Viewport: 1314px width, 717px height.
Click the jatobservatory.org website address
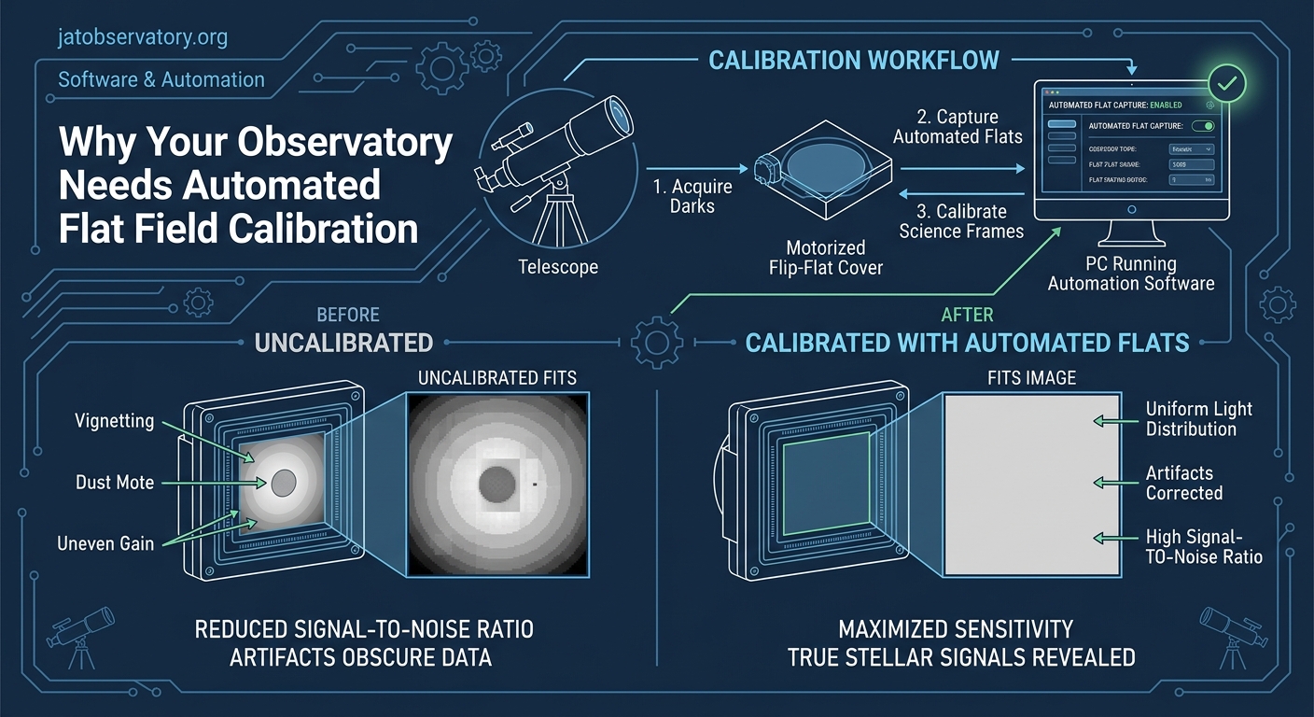[143, 38]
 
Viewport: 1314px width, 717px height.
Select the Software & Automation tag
[161, 79]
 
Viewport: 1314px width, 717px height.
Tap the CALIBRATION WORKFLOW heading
[853, 61]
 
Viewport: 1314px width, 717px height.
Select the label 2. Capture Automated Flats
[958, 127]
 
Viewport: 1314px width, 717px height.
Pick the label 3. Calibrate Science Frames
[961, 221]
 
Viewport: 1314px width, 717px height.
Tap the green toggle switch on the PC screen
[1204, 126]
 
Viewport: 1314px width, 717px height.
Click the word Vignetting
[115, 421]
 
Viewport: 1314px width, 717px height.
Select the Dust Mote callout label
[115, 483]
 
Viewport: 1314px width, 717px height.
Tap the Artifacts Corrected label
[1183, 483]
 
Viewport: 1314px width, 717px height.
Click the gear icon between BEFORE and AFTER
[657, 343]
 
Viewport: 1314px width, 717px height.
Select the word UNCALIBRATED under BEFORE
[343, 343]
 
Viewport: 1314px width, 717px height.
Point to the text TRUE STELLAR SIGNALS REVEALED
[961, 657]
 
